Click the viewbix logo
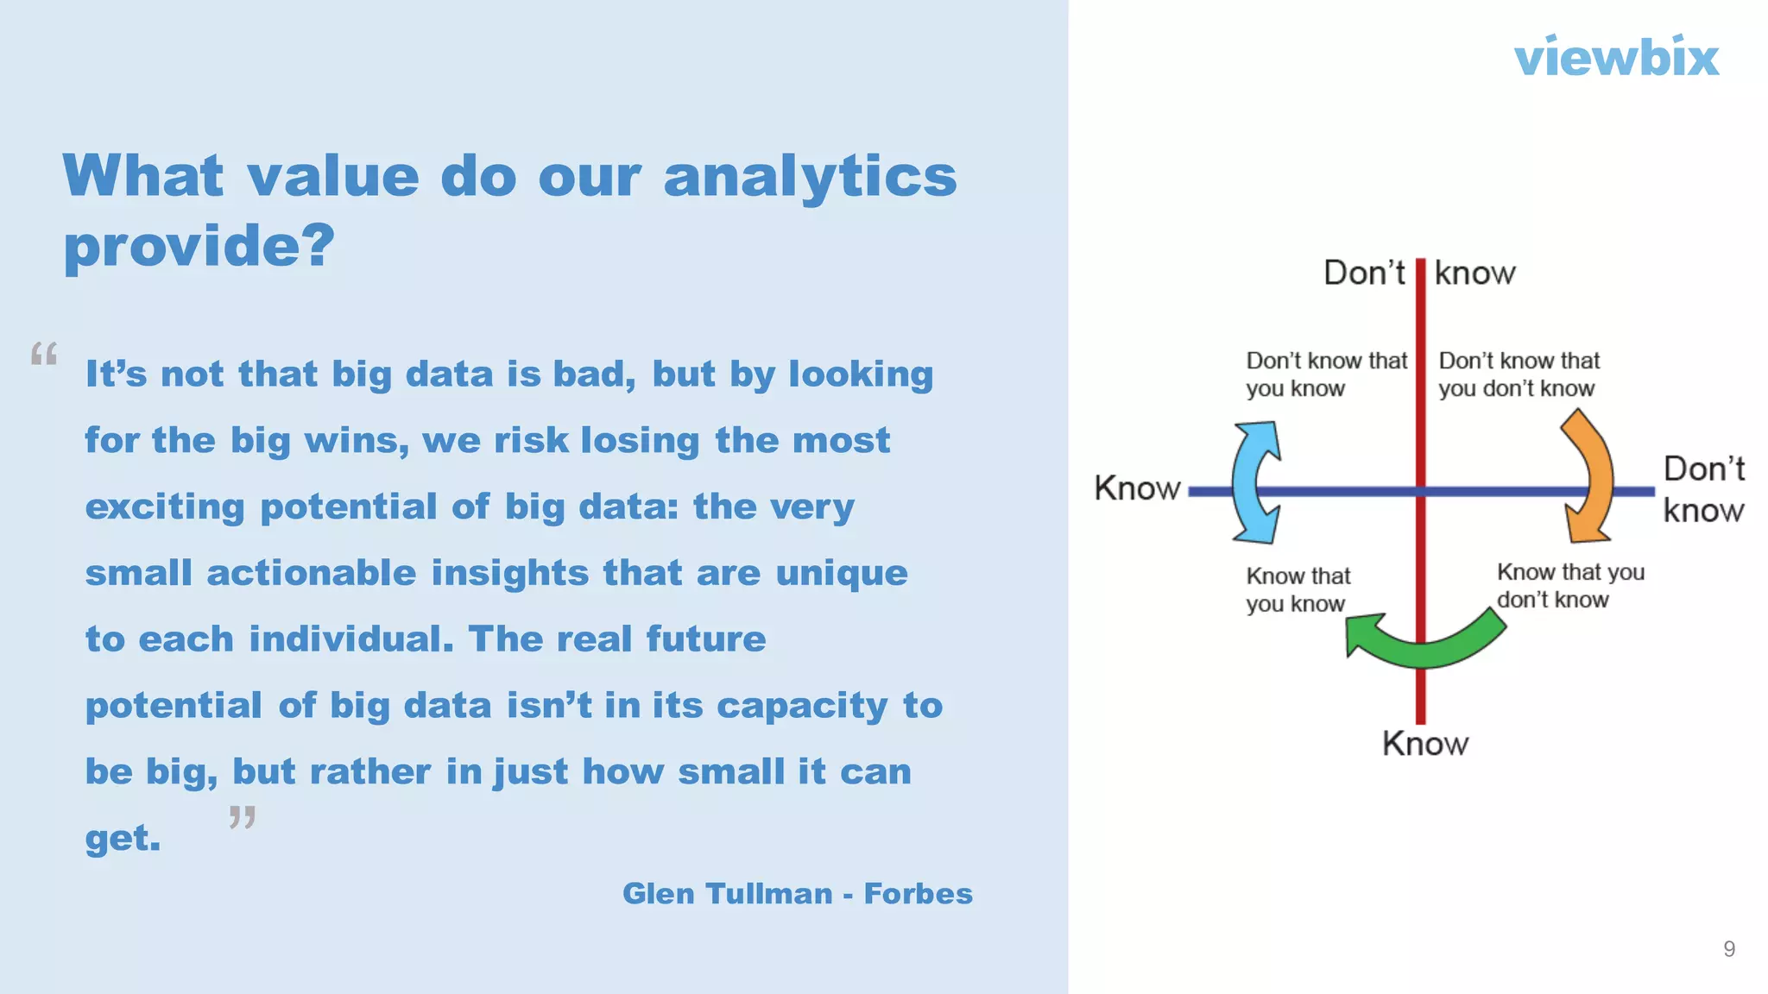(1616, 58)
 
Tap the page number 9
(1728, 949)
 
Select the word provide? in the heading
(199, 247)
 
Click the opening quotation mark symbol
(44, 354)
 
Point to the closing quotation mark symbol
(243, 816)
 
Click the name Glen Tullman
(727, 894)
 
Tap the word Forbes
(918, 894)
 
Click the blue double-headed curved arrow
(1253, 482)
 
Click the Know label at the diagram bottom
(1424, 744)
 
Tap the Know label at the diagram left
(1136, 488)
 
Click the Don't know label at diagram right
(1703, 489)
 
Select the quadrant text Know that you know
(1297, 589)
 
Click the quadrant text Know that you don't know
(1569, 586)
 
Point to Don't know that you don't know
(1519, 374)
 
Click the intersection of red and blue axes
(1420, 492)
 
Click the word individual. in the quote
(350, 639)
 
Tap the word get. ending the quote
(123, 839)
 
